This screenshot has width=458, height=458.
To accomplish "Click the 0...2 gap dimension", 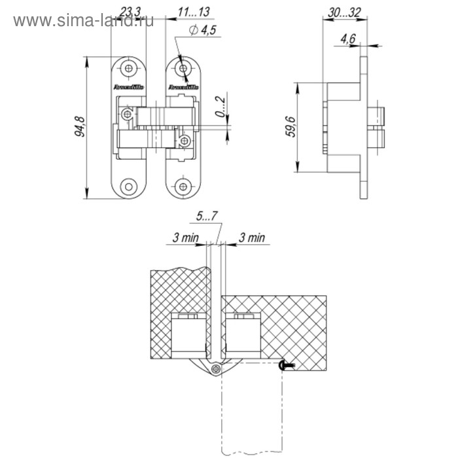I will [x=222, y=109].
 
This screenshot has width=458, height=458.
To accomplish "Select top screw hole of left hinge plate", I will [x=130, y=68].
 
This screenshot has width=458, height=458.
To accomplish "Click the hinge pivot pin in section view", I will [x=216, y=369].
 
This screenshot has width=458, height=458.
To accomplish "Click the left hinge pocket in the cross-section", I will [x=189, y=336].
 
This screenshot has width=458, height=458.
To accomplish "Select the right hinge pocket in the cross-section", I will [x=243, y=336].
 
